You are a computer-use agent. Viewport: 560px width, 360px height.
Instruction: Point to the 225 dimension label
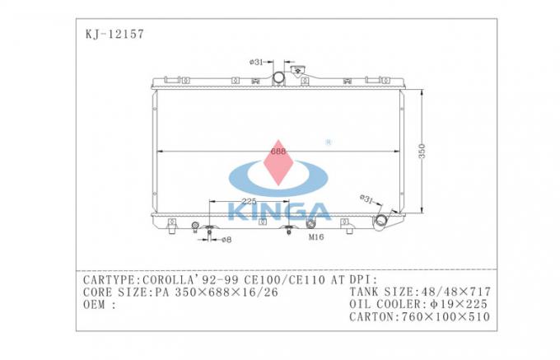250,200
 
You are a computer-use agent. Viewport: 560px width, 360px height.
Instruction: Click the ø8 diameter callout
226,239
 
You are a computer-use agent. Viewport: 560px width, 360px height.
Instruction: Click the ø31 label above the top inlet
257,61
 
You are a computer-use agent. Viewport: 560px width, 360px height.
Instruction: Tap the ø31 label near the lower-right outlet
367,198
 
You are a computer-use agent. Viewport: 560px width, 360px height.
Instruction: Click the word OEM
94,304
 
